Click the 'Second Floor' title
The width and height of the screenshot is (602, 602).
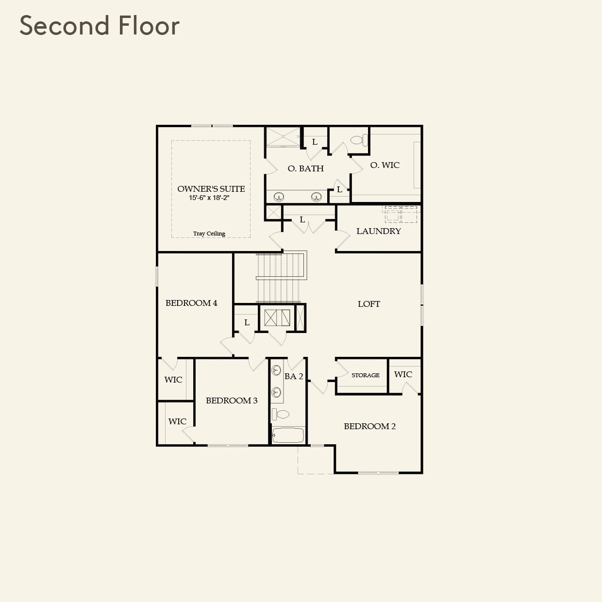(x=100, y=26)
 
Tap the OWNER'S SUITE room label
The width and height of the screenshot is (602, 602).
(x=211, y=189)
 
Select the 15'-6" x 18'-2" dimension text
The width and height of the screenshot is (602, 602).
(x=209, y=198)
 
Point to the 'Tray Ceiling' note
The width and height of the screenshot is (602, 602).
(x=209, y=234)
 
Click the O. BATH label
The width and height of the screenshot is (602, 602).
(x=305, y=168)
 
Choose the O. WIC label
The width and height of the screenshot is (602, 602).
(x=385, y=165)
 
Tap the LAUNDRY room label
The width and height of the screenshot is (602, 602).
(x=379, y=231)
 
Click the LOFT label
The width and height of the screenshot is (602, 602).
(x=369, y=304)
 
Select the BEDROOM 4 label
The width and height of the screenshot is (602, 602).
(x=191, y=303)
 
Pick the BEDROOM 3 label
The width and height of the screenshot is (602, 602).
(x=232, y=401)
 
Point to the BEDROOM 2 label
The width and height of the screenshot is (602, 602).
(x=370, y=426)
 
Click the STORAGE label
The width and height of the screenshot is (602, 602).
(x=366, y=375)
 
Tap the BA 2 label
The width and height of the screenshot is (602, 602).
(x=294, y=376)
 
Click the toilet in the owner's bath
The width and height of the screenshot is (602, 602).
(x=359, y=140)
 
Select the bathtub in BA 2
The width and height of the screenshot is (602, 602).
(x=288, y=435)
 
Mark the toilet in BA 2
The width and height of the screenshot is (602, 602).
(x=281, y=414)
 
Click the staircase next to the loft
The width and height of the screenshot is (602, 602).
(x=279, y=278)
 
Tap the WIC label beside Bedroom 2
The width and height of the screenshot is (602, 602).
(x=403, y=374)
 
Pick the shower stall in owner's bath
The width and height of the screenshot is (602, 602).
(x=283, y=137)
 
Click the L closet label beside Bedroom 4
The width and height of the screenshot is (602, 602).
(x=247, y=322)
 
